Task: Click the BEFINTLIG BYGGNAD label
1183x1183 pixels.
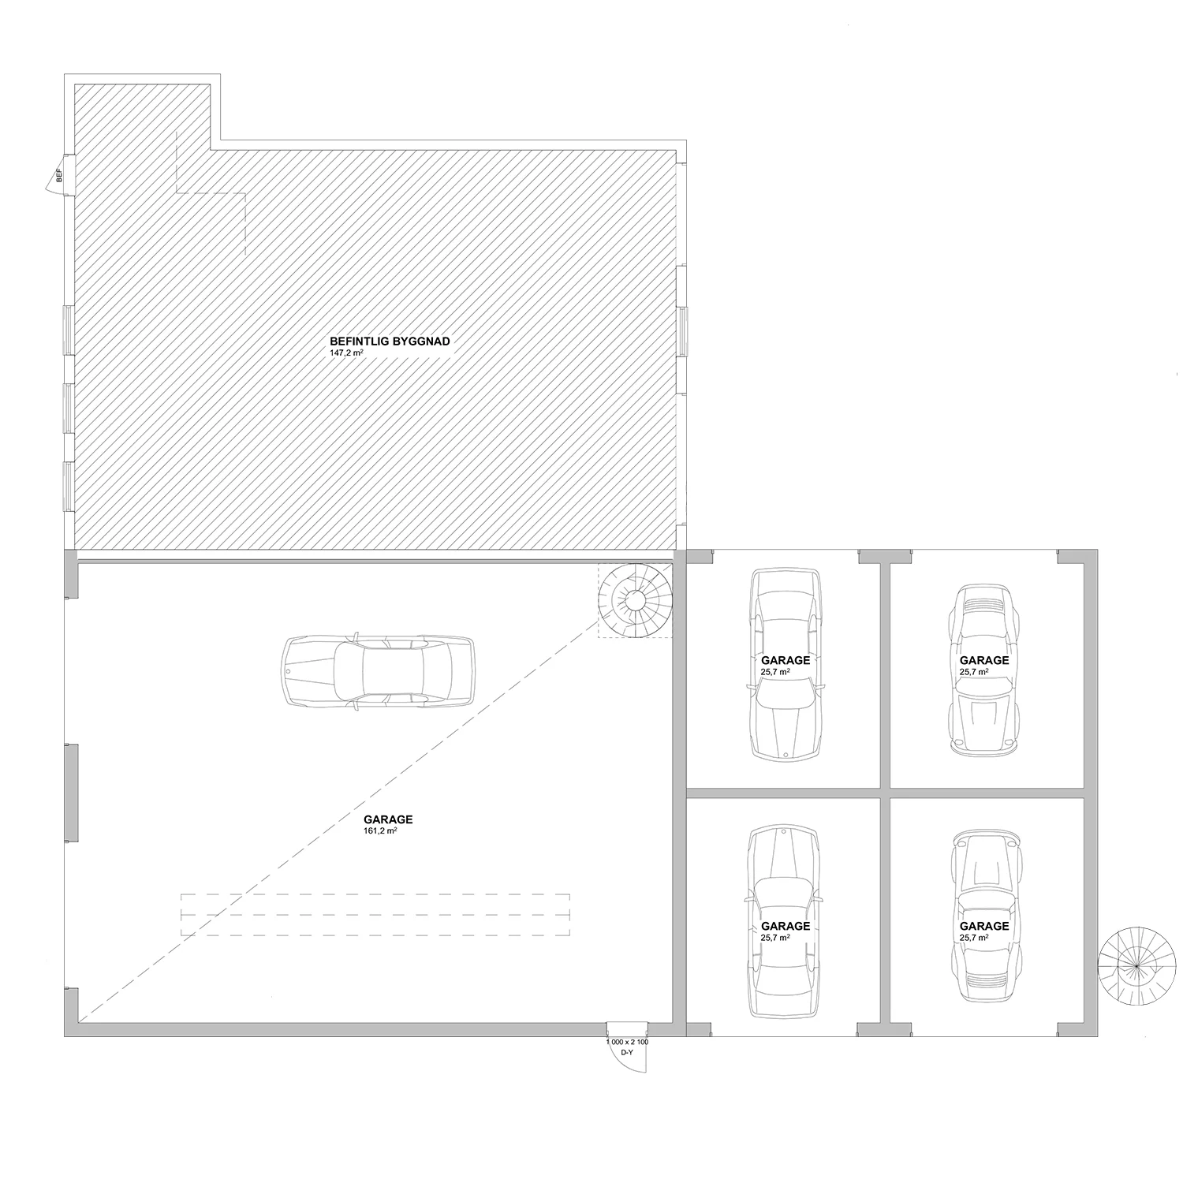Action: click(390, 341)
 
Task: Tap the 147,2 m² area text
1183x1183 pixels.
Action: click(346, 353)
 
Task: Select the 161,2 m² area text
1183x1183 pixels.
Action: click(380, 831)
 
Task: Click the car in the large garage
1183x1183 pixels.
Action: click(379, 671)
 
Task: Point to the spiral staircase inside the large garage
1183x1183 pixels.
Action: click(636, 601)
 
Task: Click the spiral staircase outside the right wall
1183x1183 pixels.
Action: click(1136, 965)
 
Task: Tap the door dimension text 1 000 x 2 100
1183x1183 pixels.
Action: click(627, 1042)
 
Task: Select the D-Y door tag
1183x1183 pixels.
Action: click(627, 1053)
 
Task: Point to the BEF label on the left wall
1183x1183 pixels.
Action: click(58, 176)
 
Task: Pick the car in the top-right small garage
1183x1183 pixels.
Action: click(983, 670)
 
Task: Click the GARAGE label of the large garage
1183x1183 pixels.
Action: click(388, 819)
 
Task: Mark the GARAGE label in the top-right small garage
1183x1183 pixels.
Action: click(984, 660)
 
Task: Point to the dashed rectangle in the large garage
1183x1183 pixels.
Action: click(375, 915)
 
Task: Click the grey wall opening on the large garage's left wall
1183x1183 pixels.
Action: click(71, 793)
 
